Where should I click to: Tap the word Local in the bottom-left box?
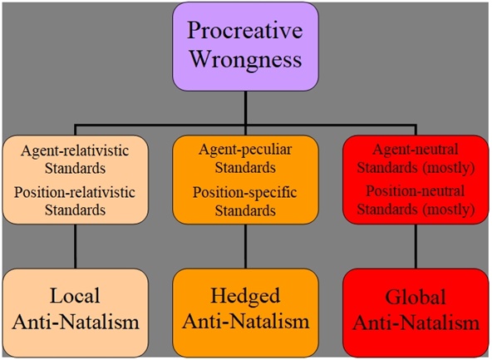pyautogui.click(x=75, y=296)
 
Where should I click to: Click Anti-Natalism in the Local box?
pyautogui.click(x=75, y=321)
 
